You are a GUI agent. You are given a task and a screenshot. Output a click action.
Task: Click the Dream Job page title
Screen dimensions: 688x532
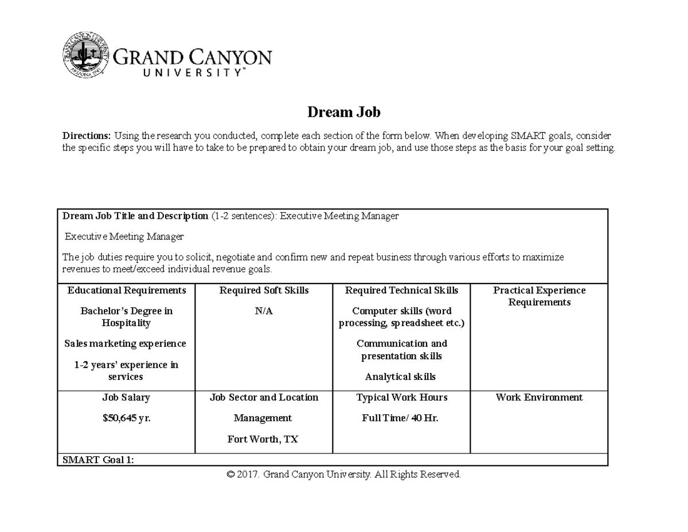343,112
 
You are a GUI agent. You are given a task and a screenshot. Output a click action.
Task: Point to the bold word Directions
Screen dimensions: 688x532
87,136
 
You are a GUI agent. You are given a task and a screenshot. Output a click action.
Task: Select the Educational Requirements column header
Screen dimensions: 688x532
126,290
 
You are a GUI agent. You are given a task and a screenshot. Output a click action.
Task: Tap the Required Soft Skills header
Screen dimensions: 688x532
264,290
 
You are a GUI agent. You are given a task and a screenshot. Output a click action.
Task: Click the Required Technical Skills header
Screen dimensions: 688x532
401,290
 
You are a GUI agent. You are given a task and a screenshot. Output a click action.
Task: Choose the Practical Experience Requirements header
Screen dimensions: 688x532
539,296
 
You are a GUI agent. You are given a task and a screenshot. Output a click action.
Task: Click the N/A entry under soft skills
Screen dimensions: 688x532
264,311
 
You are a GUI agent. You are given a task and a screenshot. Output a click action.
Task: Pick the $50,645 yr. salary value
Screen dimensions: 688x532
126,418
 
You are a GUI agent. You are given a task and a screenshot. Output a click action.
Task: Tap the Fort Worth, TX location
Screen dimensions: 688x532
263,440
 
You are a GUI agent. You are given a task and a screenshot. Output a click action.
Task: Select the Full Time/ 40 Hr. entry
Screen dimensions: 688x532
400,418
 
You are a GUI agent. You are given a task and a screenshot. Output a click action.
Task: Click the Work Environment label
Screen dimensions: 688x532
539,397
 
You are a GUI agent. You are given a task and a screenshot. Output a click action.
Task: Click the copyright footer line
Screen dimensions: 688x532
344,475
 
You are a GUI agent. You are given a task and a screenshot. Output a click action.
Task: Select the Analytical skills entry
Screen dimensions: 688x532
400,377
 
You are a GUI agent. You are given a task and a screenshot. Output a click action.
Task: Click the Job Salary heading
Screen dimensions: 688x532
126,397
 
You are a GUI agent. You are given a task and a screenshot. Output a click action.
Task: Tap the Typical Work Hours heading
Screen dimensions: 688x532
401,397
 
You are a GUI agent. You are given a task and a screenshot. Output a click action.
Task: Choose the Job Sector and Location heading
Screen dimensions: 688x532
264,397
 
